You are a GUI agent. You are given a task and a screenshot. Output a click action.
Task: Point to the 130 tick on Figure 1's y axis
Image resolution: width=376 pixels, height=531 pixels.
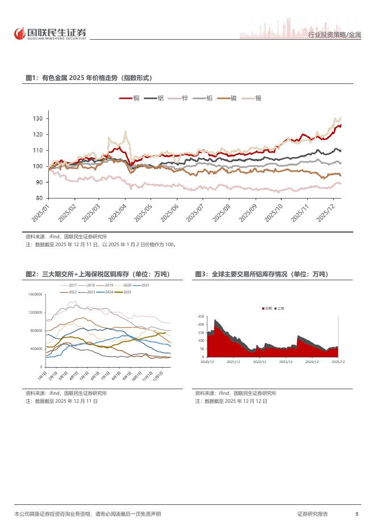38,119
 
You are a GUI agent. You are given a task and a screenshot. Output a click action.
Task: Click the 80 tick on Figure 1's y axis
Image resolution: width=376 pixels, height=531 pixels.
40,198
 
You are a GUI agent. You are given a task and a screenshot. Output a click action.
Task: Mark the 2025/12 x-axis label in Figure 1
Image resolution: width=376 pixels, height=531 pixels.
329,214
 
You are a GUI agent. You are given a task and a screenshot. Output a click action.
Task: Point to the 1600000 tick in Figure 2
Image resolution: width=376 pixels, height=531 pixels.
35,294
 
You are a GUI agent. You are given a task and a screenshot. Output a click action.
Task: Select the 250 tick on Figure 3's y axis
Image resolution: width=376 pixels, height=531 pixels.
200,316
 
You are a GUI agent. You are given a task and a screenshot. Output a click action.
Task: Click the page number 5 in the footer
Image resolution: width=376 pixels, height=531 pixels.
356,513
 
